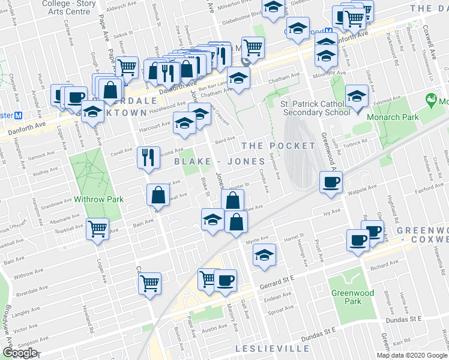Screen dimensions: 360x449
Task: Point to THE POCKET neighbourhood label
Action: [x=278, y=146]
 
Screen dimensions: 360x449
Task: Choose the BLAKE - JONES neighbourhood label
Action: [x=220, y=161]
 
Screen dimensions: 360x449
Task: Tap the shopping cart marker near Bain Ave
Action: [x=98, y=229]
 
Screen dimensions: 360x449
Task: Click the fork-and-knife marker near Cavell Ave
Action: [x=148, y=157]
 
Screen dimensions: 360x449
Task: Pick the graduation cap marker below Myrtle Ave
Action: [x=264, y=254]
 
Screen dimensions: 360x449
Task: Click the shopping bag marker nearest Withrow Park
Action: [x=158, y=195]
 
